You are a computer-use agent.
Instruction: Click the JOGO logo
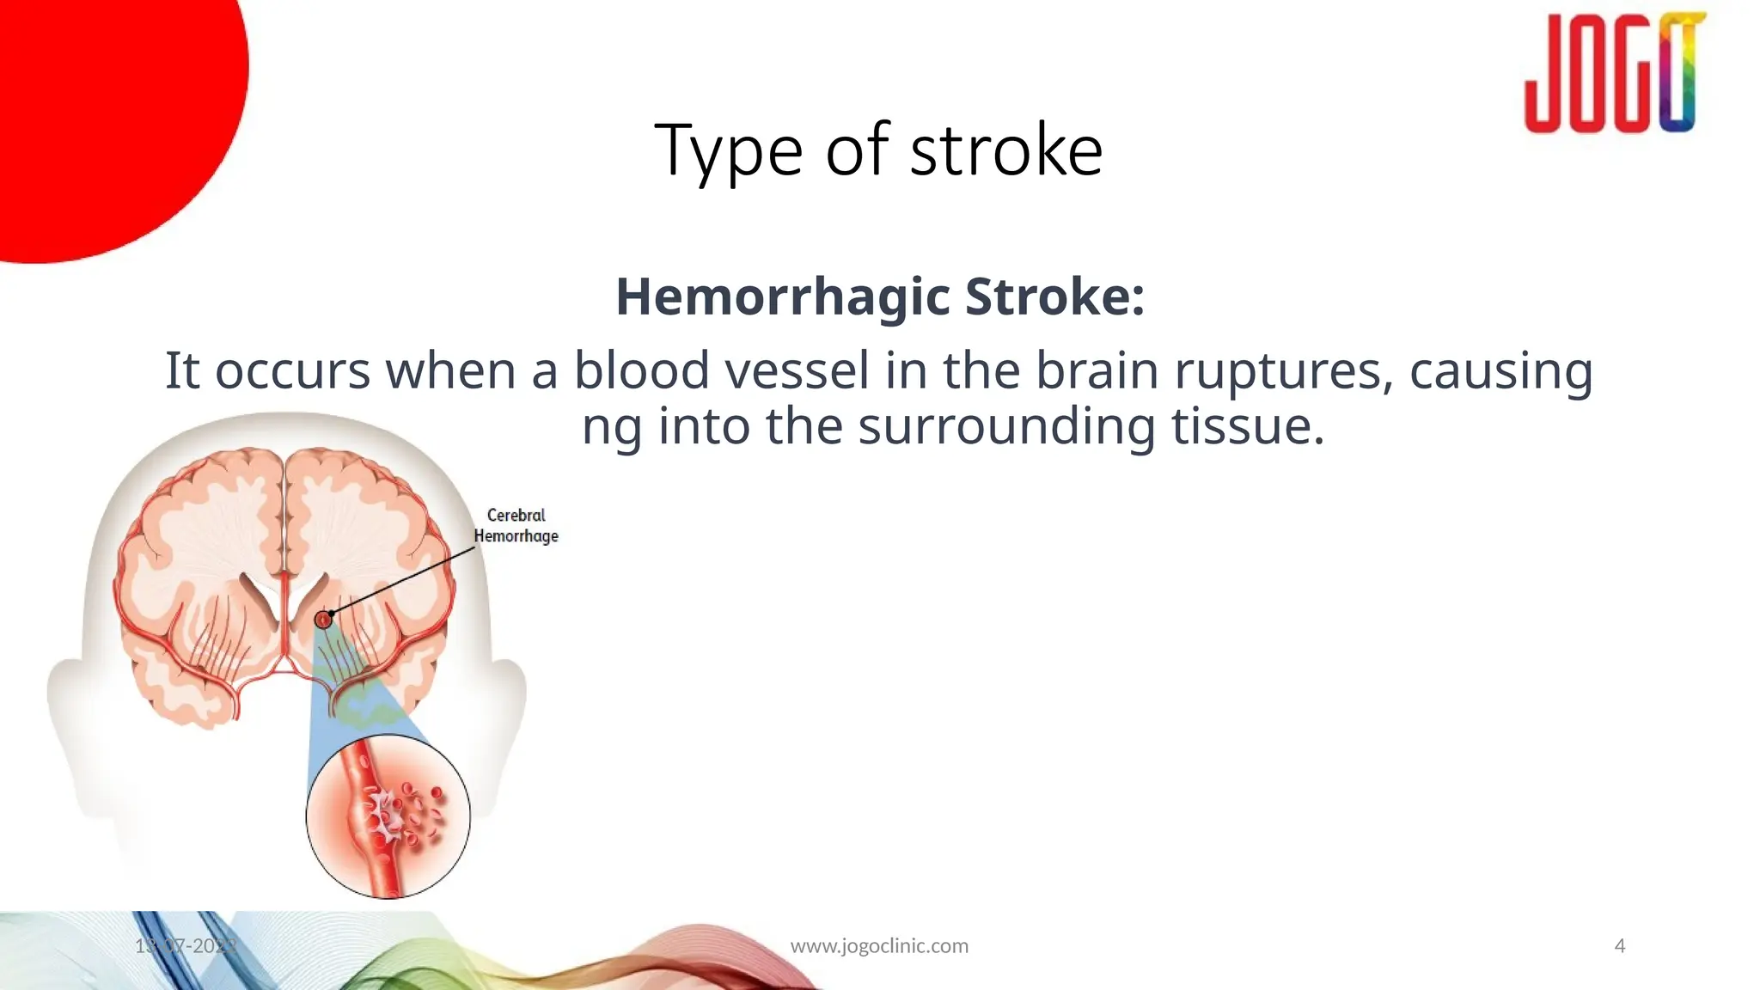[1614, 74]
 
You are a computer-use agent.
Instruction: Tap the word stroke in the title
[1005, 151]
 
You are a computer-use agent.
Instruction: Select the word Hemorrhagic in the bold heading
[783, 296]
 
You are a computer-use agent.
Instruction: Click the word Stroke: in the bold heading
[1054, 296]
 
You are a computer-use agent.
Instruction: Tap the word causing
[1500, 372]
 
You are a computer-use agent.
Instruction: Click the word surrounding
[1006, 426]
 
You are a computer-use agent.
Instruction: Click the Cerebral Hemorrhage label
[516, 526]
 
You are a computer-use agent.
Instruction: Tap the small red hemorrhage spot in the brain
[323, 619]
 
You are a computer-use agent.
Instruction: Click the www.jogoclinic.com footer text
[879, 946]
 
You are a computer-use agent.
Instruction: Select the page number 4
[1620, 946]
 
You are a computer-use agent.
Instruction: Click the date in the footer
[186, 946]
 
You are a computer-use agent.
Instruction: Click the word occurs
[292, 372]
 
